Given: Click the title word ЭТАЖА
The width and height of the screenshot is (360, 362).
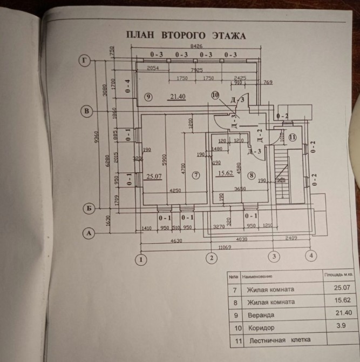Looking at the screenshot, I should point(226,36).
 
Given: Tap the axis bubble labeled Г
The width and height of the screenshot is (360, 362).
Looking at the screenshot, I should point(84,60).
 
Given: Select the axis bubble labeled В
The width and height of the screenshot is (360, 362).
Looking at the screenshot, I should point(85,111).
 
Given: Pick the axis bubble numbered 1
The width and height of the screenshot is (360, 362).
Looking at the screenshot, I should point(141,260).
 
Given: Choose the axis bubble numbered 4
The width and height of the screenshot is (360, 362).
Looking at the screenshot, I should point(311,256).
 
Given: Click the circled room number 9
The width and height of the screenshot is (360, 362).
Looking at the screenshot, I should point(149,97).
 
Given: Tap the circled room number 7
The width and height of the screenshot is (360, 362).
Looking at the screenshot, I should point(196,175).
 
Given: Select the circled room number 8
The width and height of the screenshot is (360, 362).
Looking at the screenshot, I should point(251,175).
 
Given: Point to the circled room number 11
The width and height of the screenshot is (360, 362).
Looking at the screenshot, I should point(292,137).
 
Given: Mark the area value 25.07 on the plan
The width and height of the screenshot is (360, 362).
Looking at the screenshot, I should point(155,175).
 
